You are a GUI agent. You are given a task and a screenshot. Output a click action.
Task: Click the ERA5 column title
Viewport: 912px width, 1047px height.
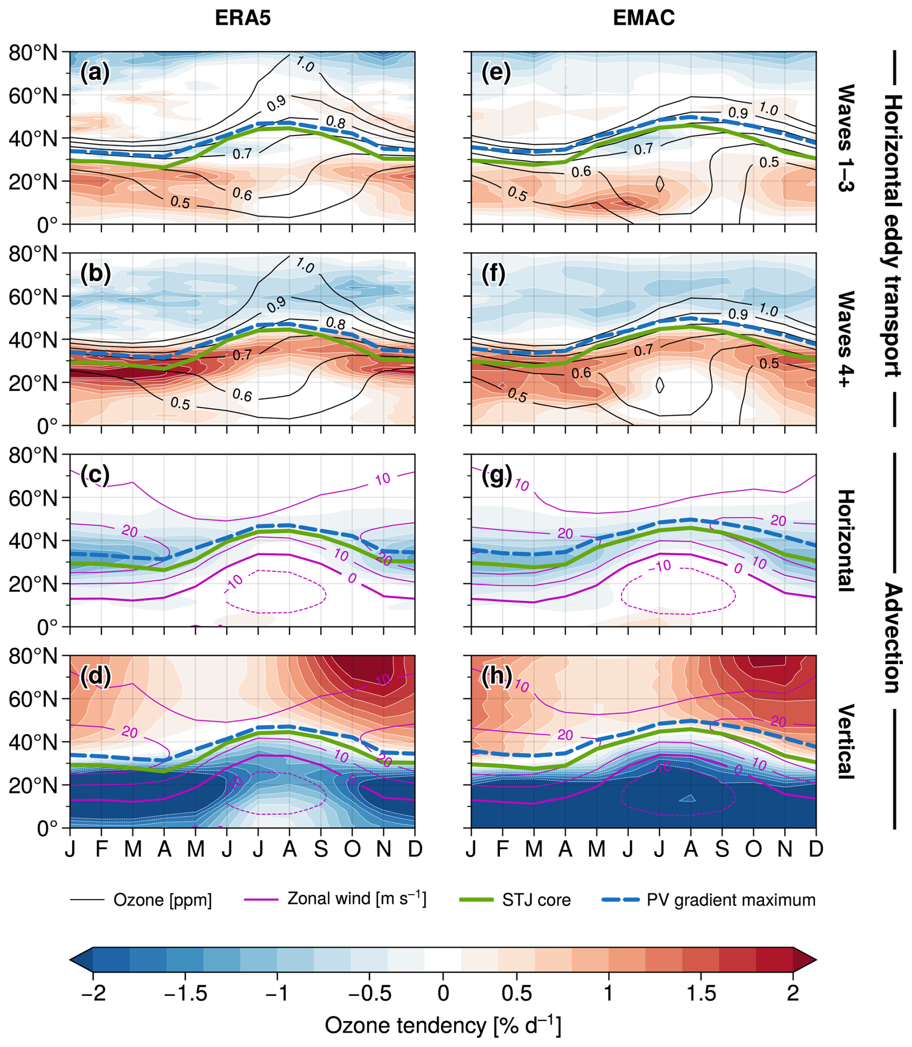(243, 18)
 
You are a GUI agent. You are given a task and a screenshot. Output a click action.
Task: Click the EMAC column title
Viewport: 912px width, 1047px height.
(644, 18)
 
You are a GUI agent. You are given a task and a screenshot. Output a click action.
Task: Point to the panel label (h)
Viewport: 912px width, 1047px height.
(496, 678)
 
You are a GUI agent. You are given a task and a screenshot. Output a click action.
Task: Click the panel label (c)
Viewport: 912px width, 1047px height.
(94, 475)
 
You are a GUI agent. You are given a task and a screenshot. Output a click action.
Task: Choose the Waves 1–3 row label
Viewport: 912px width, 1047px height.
(845, 137)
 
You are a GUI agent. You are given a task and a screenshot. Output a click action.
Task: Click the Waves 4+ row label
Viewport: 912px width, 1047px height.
(845, 339)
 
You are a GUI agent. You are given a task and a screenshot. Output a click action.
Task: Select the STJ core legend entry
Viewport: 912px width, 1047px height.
(536, 900)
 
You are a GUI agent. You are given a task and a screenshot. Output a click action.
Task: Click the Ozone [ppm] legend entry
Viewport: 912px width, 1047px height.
(162, 900)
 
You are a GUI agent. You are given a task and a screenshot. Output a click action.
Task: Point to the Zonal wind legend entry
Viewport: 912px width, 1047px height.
(356, 899)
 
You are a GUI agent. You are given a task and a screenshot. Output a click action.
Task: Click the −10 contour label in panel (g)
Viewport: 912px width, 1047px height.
(660, 566)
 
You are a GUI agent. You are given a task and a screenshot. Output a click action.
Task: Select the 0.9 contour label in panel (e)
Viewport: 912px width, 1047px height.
(738, 113)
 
